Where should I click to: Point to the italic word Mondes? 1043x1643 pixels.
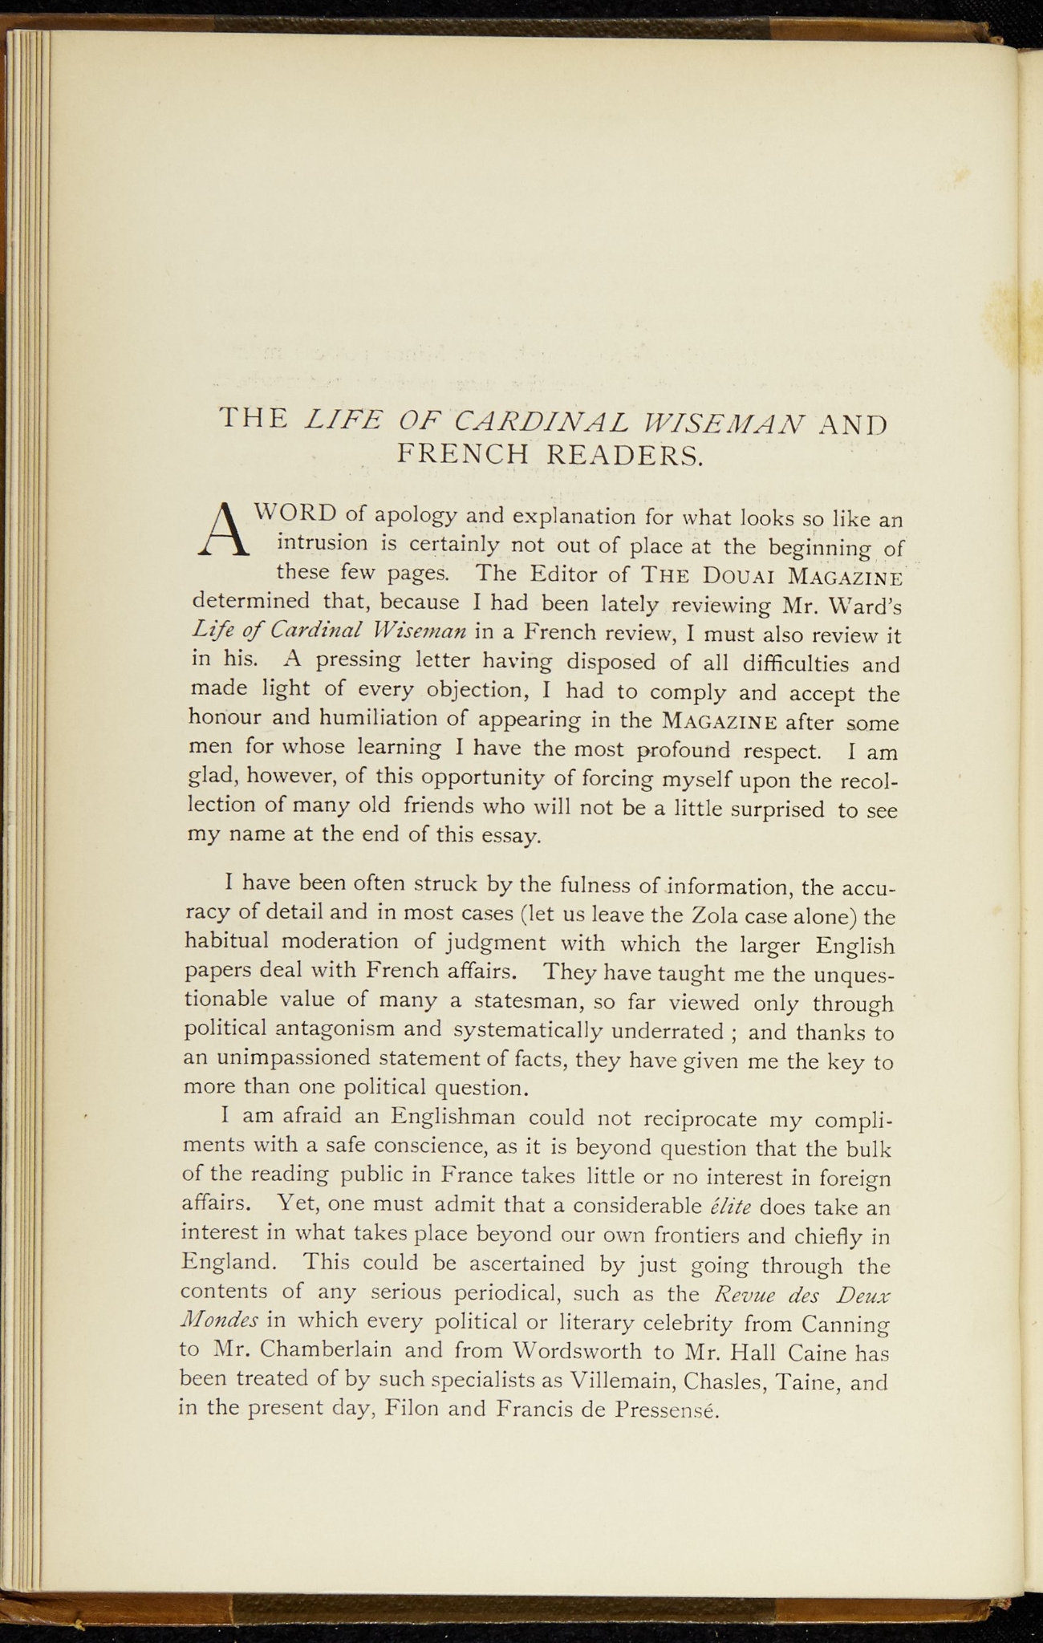(x=219, y=1320)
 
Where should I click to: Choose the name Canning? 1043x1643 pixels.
(x=846, y=1323)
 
